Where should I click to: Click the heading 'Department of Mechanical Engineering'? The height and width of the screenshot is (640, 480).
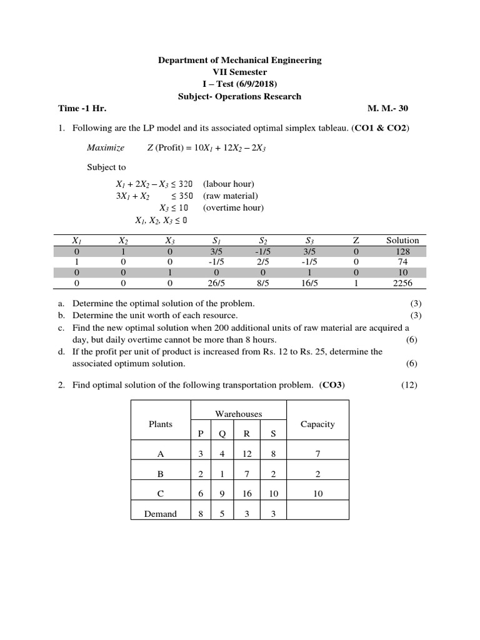[239, 60]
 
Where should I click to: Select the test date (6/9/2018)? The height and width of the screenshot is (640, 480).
[257, 84]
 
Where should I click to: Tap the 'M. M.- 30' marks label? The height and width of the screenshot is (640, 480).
[388, 108]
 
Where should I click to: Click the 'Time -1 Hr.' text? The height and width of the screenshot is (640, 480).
[82, 108]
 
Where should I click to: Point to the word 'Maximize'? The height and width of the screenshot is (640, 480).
[105, 147]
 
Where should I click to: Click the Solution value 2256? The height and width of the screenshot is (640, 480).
[402, 282]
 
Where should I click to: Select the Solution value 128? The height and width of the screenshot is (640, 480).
[402, 251]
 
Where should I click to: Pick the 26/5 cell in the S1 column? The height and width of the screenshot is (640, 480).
[215, 282]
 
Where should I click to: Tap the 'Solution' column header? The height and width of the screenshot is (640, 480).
[402, 240]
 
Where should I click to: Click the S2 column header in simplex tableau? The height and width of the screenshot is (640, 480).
[262, 240]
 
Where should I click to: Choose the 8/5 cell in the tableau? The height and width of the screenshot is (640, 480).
[262, 282]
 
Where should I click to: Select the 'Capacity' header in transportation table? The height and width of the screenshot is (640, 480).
[317, 424]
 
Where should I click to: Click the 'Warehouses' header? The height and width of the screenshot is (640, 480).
[239, 414]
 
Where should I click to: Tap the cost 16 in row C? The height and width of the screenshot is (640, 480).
[247, 493]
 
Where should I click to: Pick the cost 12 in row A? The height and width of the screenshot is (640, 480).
[247, 453]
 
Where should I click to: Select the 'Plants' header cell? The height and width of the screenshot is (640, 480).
[160, 424]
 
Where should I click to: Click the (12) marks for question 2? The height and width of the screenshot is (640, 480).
[409, 385]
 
